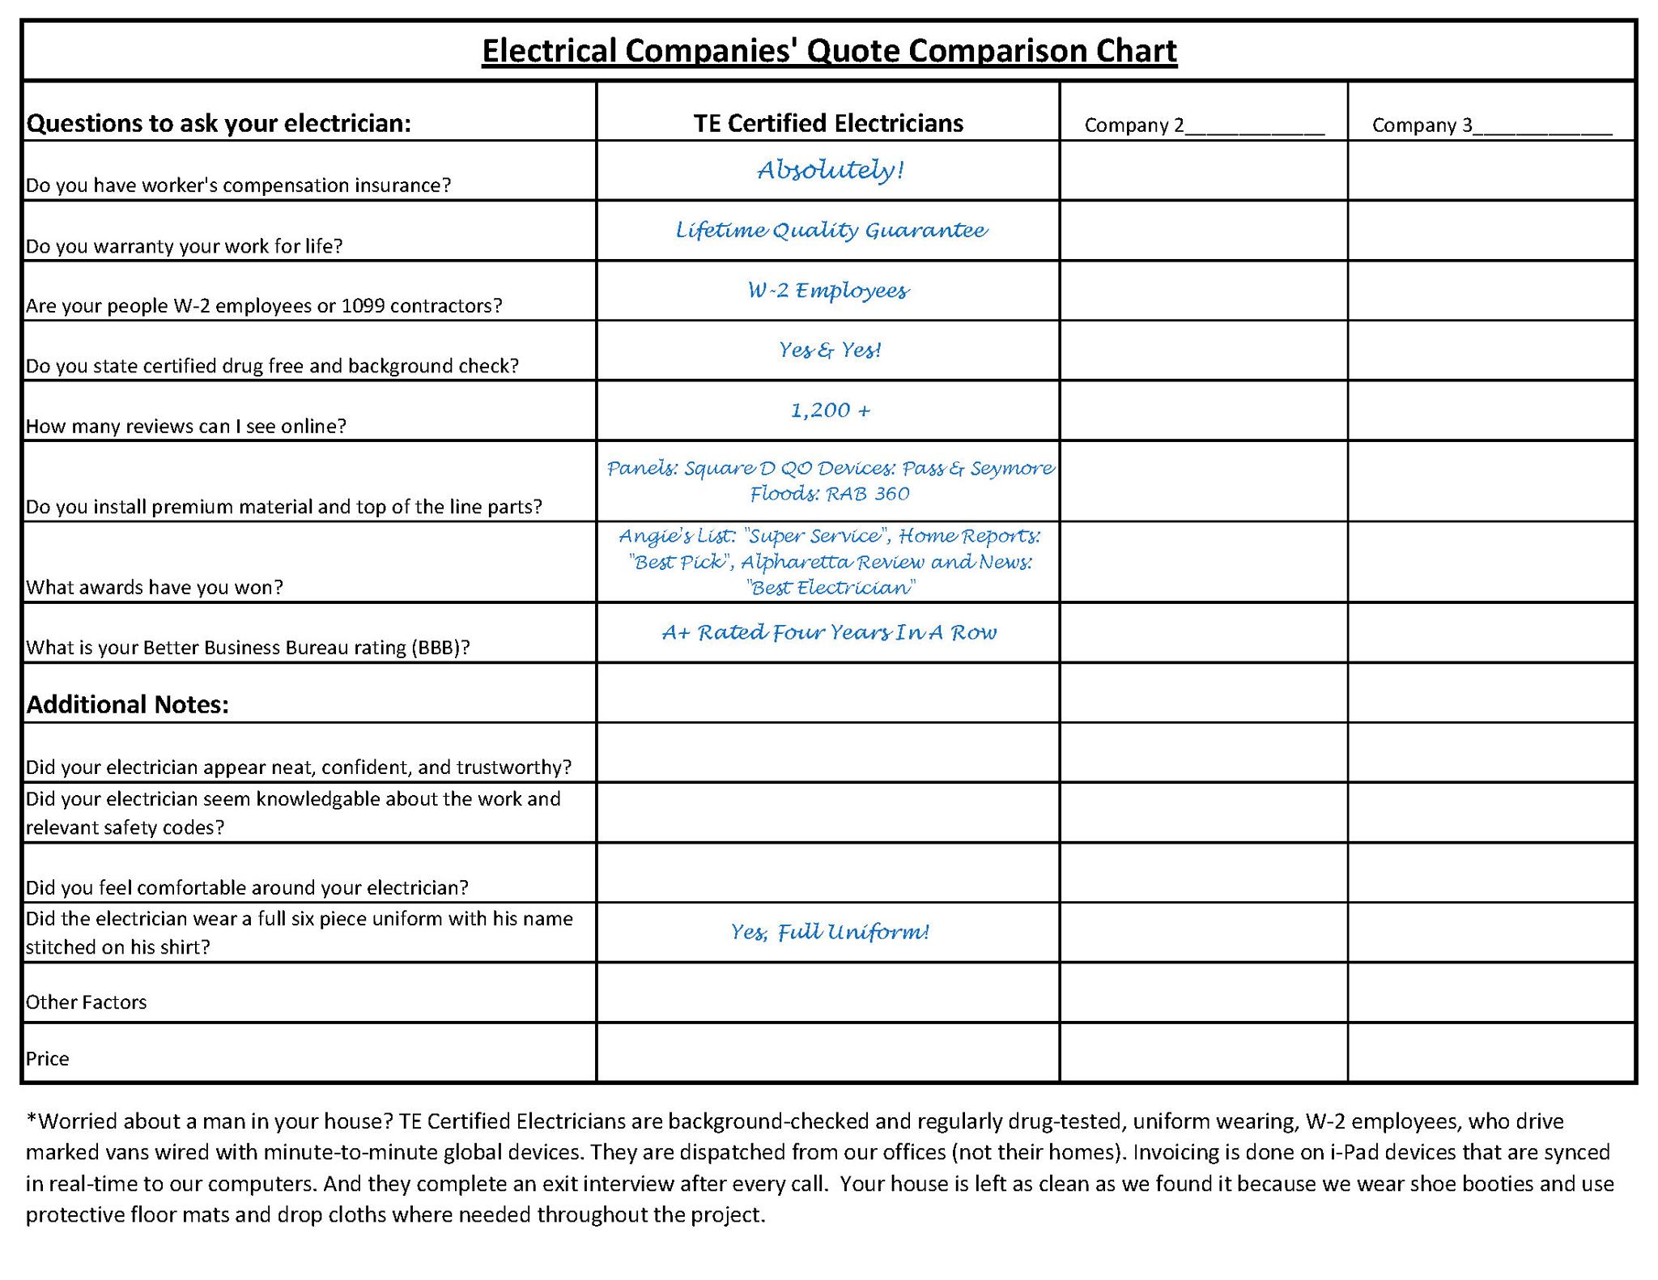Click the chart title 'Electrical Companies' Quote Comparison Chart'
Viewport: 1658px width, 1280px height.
(828, 51)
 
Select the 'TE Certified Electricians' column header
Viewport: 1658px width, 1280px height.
(828, 123)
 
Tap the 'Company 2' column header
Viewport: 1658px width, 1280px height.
(1204, 125)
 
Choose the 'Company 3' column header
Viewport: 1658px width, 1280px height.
(1491, 125)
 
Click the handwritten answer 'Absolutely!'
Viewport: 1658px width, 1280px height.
(830, 170)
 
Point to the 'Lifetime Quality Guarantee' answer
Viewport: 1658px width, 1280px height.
(831, 231)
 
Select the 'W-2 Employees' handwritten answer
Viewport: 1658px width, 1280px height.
(828, 291)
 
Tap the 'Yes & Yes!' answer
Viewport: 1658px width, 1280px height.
(830, 350)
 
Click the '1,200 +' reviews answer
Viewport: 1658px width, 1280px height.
(830, 410)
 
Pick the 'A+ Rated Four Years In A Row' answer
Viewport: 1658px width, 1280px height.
(829, 632)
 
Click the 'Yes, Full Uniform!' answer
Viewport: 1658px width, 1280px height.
(829, 933)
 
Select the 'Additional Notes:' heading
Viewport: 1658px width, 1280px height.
(128, 704)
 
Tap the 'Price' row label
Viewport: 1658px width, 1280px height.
(48, 1059)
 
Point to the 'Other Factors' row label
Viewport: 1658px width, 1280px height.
(87, 1002)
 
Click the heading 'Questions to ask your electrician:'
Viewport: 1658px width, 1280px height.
(219, 123)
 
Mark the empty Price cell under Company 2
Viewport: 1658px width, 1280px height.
(1203, 1052)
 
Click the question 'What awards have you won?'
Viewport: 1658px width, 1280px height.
(155, 587)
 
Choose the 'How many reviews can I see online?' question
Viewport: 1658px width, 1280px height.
(186, 426)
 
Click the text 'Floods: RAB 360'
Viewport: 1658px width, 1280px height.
(830, 494)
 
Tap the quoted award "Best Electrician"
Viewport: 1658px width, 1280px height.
(831, 588)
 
